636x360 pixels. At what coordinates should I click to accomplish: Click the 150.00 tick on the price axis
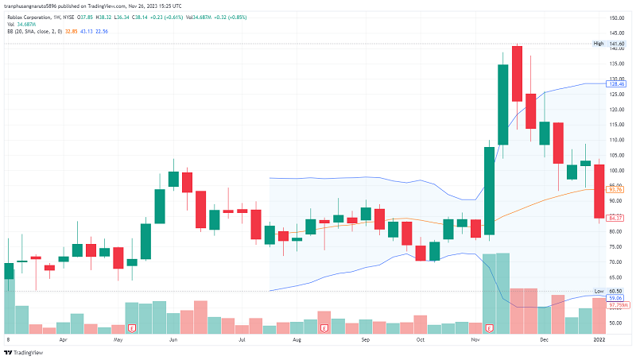(615, 17)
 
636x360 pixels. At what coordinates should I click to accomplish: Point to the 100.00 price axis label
(615, 171)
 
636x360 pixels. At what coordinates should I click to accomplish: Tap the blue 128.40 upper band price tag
(616, 83)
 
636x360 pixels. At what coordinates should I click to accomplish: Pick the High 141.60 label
(610, 44)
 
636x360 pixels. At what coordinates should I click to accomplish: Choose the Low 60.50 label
(610, 292)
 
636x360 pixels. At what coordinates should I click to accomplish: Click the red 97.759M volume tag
(618, 305)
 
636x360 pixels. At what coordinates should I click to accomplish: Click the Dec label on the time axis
(545, 339)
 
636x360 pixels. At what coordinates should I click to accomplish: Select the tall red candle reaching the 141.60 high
(517, 74)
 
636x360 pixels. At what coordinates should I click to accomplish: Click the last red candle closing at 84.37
(599, 192)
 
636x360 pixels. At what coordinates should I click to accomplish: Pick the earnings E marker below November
(490, 327)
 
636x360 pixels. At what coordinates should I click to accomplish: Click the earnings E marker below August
(324, 327)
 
